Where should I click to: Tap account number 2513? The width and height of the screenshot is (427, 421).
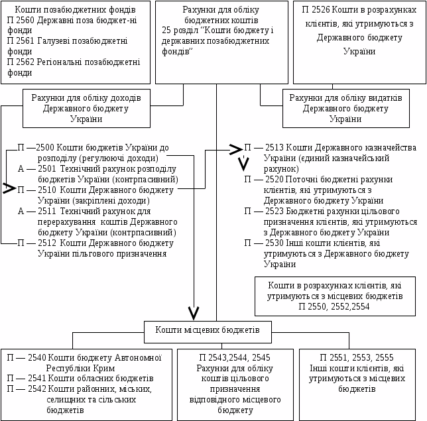[x=274, y=148]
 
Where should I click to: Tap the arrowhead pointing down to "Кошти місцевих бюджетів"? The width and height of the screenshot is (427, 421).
[x=194, y=312]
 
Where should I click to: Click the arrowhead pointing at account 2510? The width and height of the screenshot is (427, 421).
[x=9, y=189]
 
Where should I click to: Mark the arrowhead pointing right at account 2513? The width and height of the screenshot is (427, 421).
[x=235, y=149]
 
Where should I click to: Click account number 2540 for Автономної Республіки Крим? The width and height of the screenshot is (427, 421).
[x=36, y=358]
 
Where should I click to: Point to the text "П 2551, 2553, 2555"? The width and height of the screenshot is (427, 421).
[x=357, y=358]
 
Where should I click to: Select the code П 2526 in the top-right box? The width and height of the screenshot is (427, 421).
[x=319, y=11]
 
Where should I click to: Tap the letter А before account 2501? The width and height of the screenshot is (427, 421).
[x=21, y=168]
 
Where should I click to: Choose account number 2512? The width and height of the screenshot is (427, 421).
[x=45, y=243]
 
